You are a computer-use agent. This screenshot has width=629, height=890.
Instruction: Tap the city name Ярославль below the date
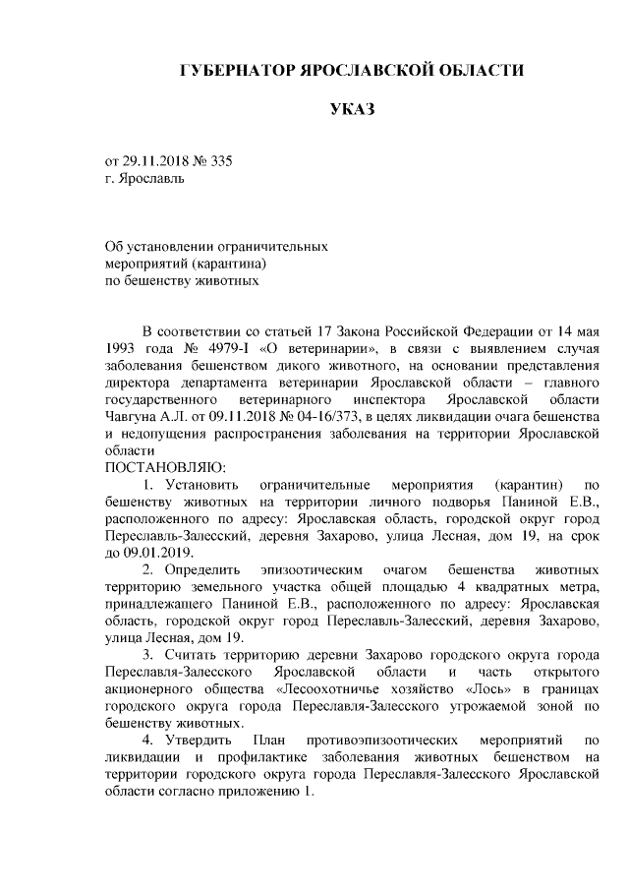coord(149,178)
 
